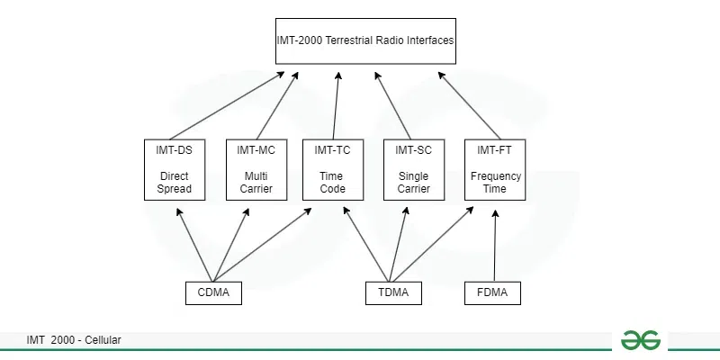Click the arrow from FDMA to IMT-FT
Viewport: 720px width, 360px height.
[x=495, y=245]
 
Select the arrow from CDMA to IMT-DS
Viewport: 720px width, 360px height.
[x=194, y=245]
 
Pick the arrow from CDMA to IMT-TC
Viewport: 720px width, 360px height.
[x=262, y=245]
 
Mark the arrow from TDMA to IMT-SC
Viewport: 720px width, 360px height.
[x=398, y=244]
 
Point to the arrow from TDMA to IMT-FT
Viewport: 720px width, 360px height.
[x=433, y=244]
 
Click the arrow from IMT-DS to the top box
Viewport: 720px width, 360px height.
[x=227, y=105]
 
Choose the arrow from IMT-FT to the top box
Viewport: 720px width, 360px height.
[x=469, y=105]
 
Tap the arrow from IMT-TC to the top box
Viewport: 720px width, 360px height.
[x=336, y=105]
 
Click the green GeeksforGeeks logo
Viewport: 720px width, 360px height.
[x=641, y=340]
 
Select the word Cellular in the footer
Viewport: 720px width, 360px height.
[x=103, y=340]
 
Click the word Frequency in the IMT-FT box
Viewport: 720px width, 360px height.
[x=496, y=176]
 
